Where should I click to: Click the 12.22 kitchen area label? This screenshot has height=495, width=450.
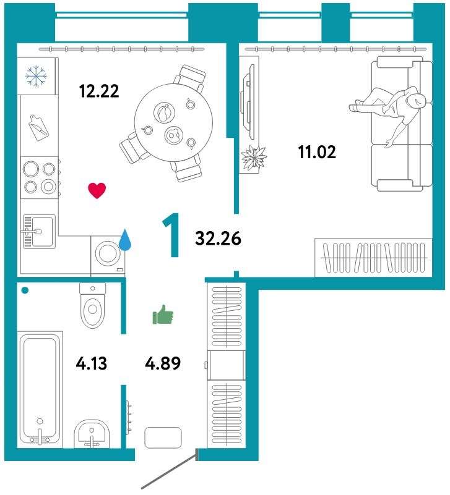99,91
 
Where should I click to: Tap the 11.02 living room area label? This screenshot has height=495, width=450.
317,152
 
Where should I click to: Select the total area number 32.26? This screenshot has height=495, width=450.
219,239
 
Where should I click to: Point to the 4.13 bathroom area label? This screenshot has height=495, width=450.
92,363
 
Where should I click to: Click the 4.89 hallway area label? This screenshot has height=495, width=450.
163,363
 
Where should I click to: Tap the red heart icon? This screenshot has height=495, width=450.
97,191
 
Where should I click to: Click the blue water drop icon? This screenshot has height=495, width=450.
125,240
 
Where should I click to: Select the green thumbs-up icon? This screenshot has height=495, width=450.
163,315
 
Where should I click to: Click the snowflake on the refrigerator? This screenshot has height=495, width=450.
37,76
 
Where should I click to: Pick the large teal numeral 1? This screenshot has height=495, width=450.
171,235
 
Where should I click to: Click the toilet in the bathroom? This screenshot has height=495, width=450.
92,305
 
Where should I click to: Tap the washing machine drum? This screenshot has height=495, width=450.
108,253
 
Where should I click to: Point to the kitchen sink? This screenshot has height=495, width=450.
38,231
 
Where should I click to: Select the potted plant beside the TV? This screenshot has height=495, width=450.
253,157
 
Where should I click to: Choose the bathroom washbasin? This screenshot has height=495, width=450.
92,434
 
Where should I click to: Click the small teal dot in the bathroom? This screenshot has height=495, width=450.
25,290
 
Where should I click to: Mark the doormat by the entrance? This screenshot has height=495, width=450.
163,438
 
